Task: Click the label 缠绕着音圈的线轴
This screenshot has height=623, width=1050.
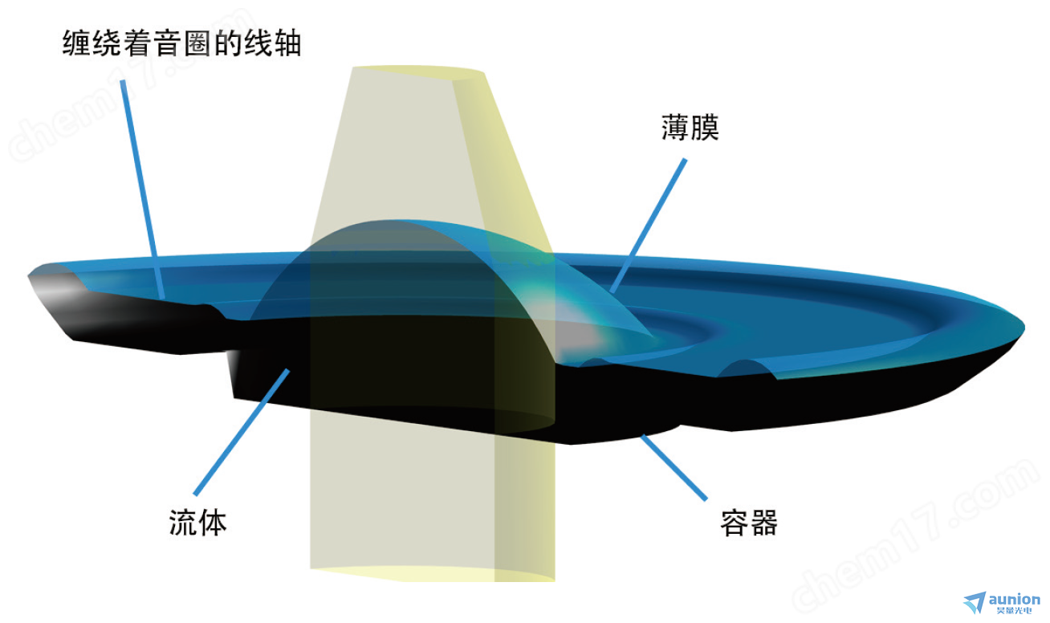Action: [x=182, y=43]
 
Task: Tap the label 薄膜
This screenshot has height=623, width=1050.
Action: [x=690, y=127]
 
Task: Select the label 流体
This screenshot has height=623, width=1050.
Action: [x=197, y=522]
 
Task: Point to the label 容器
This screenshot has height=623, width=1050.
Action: [x=749, y=523]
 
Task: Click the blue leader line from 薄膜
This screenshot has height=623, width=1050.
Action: [x=649, y=226]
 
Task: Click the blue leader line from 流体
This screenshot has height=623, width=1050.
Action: [x=242, y=432]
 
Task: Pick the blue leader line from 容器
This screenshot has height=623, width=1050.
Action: [x=674, y=467]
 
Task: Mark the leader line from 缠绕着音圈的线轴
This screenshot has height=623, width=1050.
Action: [x=142, y=189]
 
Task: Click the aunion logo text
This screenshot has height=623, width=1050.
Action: [x=1014, y=599]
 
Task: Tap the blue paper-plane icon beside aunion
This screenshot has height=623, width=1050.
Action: [x=975, y=601]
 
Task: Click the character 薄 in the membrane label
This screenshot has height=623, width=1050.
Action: [x=675, y=127]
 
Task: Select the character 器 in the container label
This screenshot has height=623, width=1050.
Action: [x=763, y=523]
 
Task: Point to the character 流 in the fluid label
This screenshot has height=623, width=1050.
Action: [x=183, y=522]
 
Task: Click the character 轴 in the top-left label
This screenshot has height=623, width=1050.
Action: [x=287, y=43]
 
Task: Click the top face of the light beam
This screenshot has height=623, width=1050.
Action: [x=417, y=71]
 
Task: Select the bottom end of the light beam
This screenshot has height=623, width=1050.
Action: [x=432, y=575]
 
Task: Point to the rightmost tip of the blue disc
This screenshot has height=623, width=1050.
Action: [x=1024, y=328]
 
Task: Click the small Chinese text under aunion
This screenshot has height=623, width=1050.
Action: [x=1014, y=610]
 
